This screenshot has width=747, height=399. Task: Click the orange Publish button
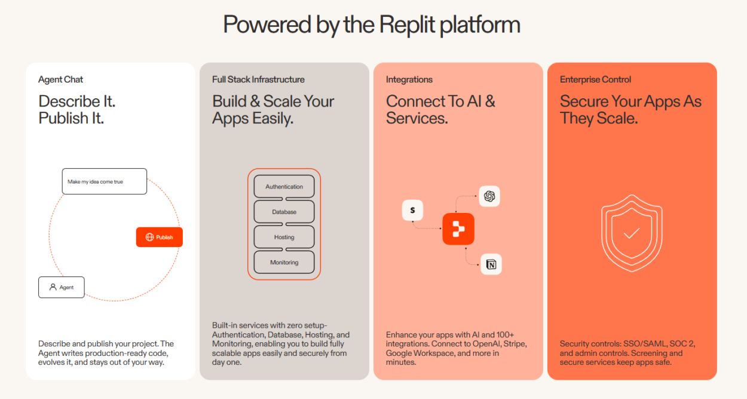[160, 237]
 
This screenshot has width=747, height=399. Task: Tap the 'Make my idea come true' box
[105, 181]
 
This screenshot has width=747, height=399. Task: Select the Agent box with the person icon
[62, 287]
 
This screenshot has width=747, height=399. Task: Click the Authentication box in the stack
[284, 187]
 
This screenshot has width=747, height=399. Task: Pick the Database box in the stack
[284, 212]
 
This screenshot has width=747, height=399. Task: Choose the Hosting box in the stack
[284, 237]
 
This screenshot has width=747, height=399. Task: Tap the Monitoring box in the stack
[284, 263]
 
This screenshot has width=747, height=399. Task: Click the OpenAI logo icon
[490, 196]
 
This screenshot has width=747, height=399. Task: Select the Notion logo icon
[491, 264]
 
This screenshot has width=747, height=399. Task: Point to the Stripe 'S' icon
[412, 210]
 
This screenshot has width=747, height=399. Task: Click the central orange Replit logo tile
[458, 229]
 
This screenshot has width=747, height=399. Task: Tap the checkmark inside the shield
[632, 233]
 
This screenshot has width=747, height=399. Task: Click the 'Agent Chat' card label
[61, 80]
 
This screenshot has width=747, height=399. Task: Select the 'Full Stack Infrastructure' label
[258, 80]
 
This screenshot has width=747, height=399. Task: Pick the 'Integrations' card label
[409, 80]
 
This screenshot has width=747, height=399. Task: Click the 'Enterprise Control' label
[595, 80]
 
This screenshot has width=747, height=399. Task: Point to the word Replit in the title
[406, 25]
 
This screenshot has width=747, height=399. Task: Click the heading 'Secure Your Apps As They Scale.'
[630, 110]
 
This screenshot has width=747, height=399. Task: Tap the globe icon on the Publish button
[149, 237]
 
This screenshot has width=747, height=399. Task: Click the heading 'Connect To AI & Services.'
[440, 110]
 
